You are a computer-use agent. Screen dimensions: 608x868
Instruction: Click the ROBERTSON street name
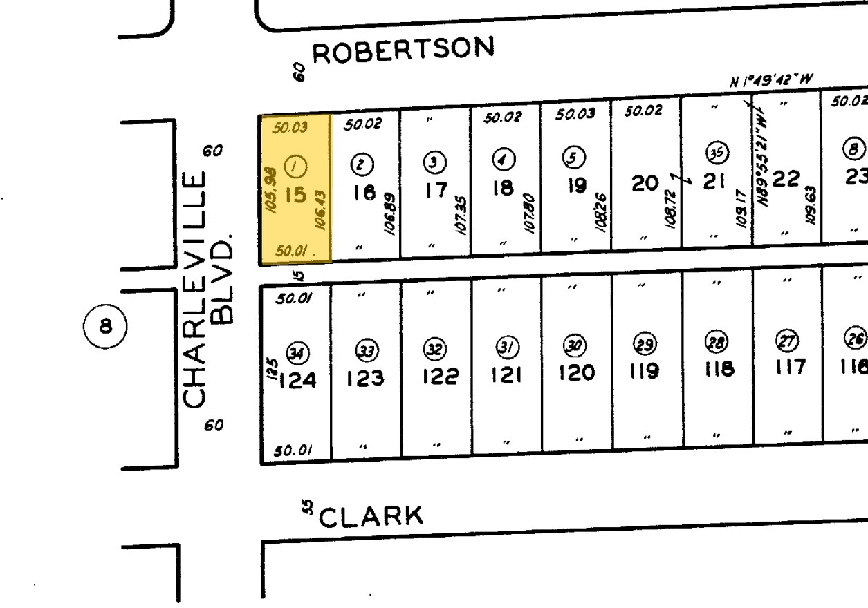404,50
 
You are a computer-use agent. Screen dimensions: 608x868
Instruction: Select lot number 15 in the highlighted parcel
295,195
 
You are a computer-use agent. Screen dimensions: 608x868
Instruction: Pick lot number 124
297,380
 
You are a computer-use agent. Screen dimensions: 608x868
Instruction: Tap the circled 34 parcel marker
298,354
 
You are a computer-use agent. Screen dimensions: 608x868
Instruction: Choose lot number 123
365,379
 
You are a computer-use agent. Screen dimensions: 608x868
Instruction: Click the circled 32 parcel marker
434,350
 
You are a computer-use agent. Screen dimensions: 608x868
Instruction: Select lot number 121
506,374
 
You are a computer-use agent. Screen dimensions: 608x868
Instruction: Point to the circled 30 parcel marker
575,345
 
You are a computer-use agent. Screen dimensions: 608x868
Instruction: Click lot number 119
645,371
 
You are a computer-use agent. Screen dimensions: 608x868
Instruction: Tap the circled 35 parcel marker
715,153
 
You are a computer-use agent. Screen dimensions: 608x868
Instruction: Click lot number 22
786,179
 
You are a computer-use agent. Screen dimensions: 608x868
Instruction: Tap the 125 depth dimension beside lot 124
273,365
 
